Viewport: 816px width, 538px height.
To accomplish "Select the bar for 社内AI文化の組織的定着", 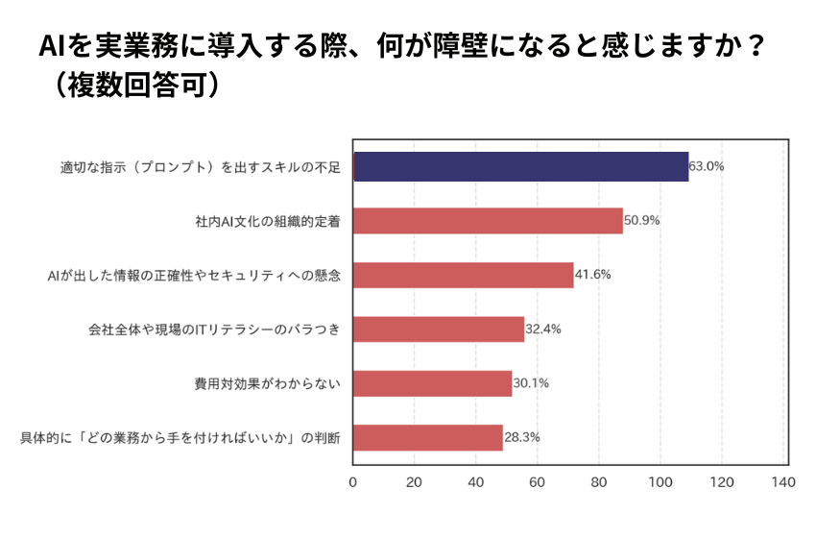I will (x=488, y=221).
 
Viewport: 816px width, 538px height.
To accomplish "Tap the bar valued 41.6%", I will (x=464, y=275).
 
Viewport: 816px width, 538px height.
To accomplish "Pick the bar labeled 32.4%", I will (x=439, y=330).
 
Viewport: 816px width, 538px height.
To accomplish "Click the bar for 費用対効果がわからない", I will (x=433, y=384).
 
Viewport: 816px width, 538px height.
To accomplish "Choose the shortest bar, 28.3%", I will (x=428, y=438).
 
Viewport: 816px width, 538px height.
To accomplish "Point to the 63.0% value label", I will (x=708, y=166).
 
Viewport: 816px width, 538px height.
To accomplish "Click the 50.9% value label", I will (x=641, y=221).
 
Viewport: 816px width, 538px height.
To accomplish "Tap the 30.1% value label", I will (x=531, y=384).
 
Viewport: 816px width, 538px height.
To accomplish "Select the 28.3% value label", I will (x=522, y=438).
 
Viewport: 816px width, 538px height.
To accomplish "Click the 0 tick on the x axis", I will (x=353, y=481).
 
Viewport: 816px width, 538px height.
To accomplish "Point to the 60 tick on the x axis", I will (x=538, y=481).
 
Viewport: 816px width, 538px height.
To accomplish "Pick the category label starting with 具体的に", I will (x=181, y=439).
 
